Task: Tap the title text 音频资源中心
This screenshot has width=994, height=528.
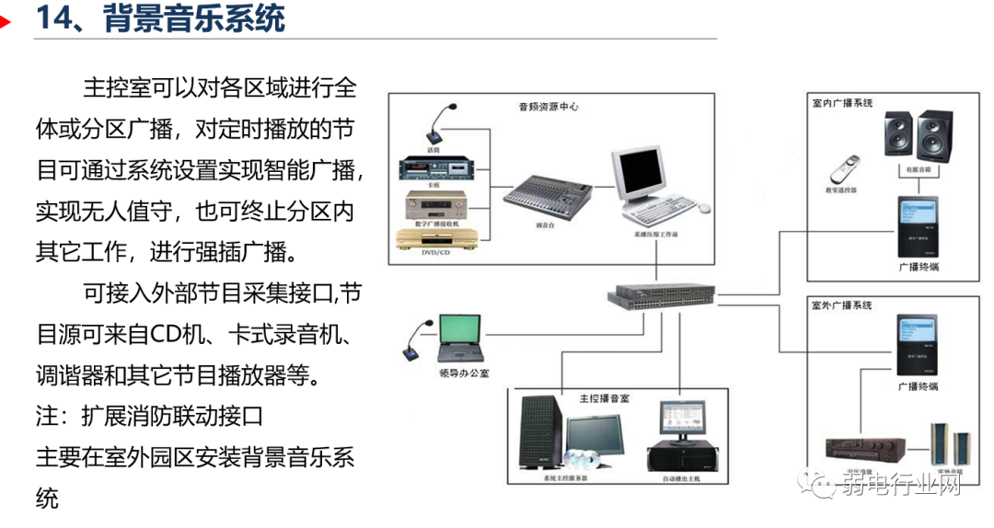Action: coord(549,107)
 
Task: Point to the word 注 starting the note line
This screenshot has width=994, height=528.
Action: coord(46,416)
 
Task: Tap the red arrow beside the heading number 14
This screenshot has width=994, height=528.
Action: coord(6,20)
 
